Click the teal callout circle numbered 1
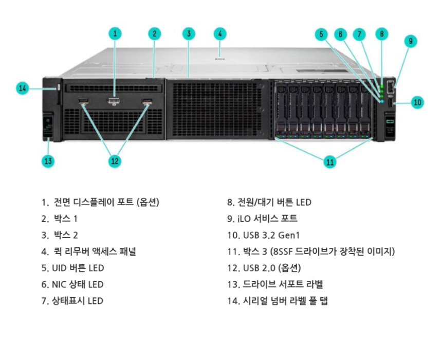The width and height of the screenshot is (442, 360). pyautogui.click(x=116, y=34)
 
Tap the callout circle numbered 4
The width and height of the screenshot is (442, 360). pyautogui.click(x=219, y=34)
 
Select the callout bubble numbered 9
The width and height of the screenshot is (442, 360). pyautogui.click(x=410, y=41)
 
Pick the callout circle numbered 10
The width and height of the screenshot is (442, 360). pyautogui.click(x=417, y=102)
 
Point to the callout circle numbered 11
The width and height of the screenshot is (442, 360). pyautogui.click(x=330, y=162)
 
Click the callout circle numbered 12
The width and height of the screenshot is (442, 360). pyautogui.click(x=115, y=161)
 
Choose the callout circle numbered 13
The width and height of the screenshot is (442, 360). pyautogui.click(x=48, y=161)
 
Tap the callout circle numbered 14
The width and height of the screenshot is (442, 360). pyautogui.click(x=22, y=88)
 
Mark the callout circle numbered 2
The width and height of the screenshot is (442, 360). pyautogui.click(x=155, y=34)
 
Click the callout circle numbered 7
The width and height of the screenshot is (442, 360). pyautogui.click(x=360, y=34)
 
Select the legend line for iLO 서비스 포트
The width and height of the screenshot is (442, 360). pyautogui.click(x=262, y=219)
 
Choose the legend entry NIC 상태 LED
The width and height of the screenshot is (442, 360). pyautogui.click(x=72, y=284)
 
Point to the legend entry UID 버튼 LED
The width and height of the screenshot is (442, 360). pyautogui.click(x=72, y=268)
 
